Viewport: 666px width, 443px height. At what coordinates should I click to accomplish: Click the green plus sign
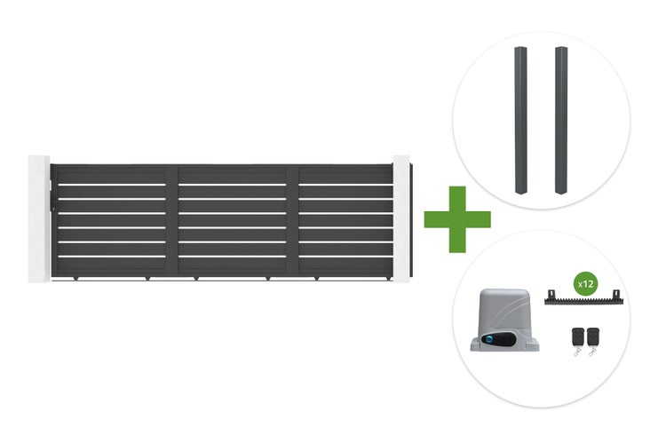(457, 219)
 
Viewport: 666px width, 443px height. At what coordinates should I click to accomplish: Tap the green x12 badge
(586, 284)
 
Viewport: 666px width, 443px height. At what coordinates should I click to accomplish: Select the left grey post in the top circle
(520, 120)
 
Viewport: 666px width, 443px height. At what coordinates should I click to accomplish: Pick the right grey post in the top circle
(561, 120)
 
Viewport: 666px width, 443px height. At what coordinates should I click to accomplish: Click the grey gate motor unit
(504, 320)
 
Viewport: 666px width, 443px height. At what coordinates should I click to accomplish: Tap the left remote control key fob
(577, 339)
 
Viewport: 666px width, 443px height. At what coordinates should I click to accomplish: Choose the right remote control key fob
(593, 339)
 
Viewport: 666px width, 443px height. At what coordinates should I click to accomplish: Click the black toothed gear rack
(583, 300)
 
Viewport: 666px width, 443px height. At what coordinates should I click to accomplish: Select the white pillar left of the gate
(39, 218)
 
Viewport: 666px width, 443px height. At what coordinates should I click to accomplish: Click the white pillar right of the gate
(401, 218)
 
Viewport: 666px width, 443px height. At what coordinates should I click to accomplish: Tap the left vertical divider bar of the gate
(171, 221)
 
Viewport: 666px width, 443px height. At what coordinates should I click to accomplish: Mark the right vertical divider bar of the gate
(293, 221)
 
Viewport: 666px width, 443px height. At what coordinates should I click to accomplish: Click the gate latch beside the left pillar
(52, 196)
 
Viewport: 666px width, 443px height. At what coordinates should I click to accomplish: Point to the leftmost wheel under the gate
(75, 279)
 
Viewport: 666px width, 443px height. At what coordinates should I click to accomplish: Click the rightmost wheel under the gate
(390, 279)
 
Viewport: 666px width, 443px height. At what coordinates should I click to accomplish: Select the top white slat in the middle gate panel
(233, 185)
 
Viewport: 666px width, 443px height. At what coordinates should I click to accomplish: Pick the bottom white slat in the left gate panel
(112, 256)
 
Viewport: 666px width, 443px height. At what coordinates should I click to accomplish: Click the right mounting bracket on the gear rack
(616, 294)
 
